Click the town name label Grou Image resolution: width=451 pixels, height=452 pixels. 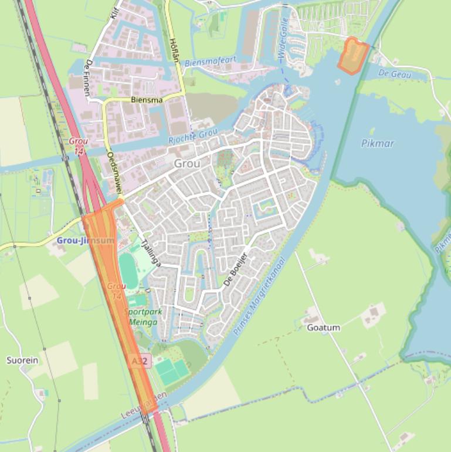click(186, 164)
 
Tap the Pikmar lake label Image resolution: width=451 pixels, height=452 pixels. click(378, 143)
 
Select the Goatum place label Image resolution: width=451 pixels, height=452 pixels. click(323, 328)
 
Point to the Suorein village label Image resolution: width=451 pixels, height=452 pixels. click(22, 360)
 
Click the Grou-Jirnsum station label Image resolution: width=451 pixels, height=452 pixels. click(86, 241)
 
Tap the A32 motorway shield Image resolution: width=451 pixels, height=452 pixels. click(140, 362)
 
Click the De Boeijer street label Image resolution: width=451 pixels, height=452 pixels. click(236, 269)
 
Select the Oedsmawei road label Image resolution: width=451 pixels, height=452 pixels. click(114, 173)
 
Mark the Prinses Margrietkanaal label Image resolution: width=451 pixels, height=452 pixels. click(259, 296)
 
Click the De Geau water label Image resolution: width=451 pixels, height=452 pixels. click(395, 74)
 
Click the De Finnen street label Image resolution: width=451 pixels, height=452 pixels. click(90, 73)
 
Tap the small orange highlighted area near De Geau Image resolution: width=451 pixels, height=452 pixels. click(353, 56)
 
